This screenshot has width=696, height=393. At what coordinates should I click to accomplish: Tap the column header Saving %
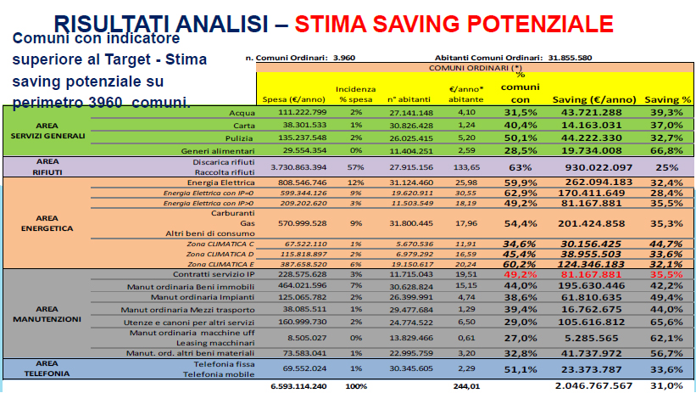pos(665,99)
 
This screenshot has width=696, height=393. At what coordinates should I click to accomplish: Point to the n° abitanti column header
pos(411,99)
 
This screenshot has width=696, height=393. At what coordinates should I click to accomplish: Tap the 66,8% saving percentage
pos(665,151)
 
